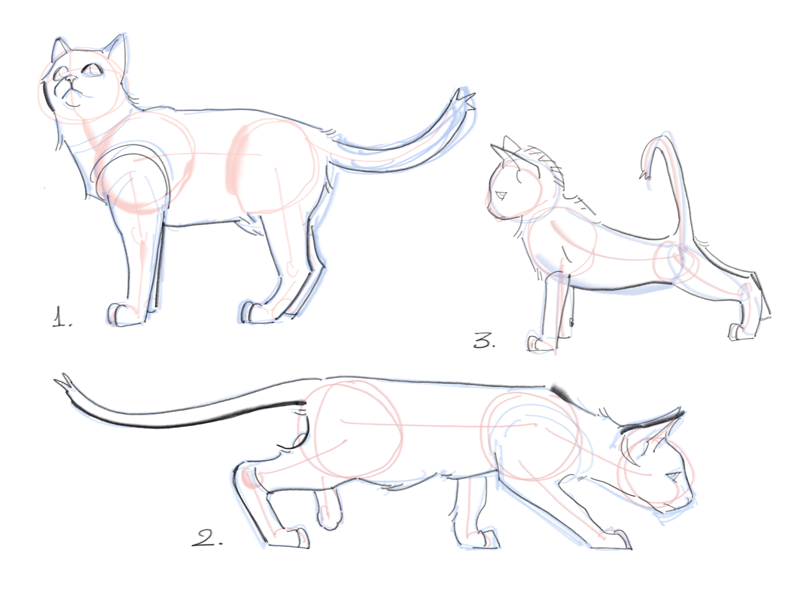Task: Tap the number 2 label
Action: pyautogui.click(x=207, y=538)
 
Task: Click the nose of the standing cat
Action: pyautogui.click(x=71, y=78)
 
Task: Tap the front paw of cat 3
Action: pyautogui.click(x=541, y=344)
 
